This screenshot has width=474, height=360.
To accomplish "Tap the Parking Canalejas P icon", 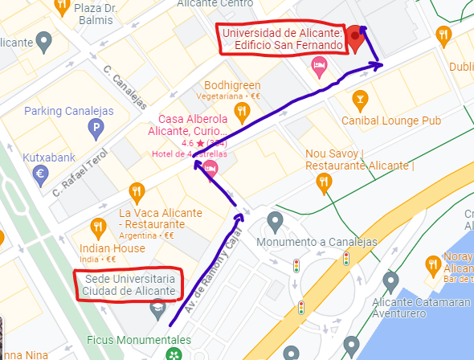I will click(96, 126).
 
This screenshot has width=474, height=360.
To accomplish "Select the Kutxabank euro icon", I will click(41, 173).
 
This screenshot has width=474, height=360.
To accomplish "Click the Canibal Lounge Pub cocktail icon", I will click(360, 100).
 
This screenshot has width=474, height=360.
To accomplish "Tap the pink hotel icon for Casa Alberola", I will click(210, 168).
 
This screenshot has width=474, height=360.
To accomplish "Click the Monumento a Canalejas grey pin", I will click(276, 220).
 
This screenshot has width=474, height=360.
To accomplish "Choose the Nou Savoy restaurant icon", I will click(325, 182).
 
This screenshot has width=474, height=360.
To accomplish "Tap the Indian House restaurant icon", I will click(98, 227).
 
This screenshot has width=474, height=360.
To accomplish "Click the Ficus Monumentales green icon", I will click(173, 354).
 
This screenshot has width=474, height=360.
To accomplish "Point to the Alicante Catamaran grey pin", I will click(391, 282).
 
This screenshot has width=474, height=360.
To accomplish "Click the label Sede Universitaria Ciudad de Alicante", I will click(129, 284).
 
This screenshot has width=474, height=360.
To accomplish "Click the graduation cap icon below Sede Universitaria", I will click(158, 309).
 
